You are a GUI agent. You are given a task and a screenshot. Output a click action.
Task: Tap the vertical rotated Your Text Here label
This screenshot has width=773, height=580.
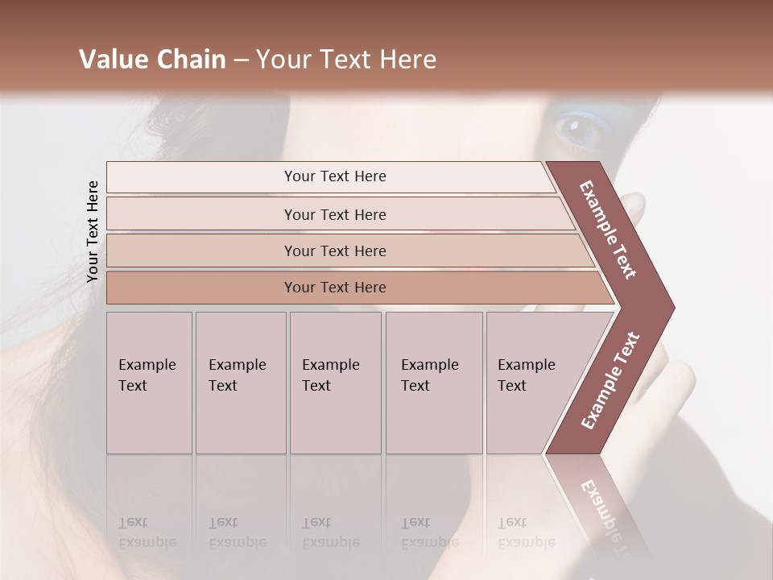[x=93, y=231]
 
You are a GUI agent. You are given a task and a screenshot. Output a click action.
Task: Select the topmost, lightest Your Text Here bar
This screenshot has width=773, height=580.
[x=334, y=176]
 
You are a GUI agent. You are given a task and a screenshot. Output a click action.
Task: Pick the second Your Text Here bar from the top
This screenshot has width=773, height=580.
[x=334, y=214]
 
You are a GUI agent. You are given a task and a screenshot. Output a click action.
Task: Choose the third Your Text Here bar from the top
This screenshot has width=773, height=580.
[x=334, y=251]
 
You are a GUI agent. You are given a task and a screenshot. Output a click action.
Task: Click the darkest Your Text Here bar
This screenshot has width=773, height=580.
[x=334, y=288]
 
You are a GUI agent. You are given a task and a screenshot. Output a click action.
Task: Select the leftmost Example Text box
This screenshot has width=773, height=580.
[x=149, y=383]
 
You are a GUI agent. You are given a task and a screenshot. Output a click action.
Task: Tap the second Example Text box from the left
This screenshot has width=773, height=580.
[x=240, y=383]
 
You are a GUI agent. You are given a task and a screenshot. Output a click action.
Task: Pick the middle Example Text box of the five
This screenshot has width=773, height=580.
[x=335, y=383]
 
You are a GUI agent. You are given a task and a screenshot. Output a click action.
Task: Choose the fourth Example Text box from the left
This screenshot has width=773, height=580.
[x=433, y=383]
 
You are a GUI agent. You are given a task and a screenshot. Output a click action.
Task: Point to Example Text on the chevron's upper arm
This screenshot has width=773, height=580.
[x=608, y=230]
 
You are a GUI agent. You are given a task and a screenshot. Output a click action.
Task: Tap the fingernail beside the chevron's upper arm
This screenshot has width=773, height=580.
[x=635, y=205]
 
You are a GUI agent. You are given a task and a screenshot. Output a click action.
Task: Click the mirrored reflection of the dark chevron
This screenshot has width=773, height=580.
[x=600, y=499]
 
